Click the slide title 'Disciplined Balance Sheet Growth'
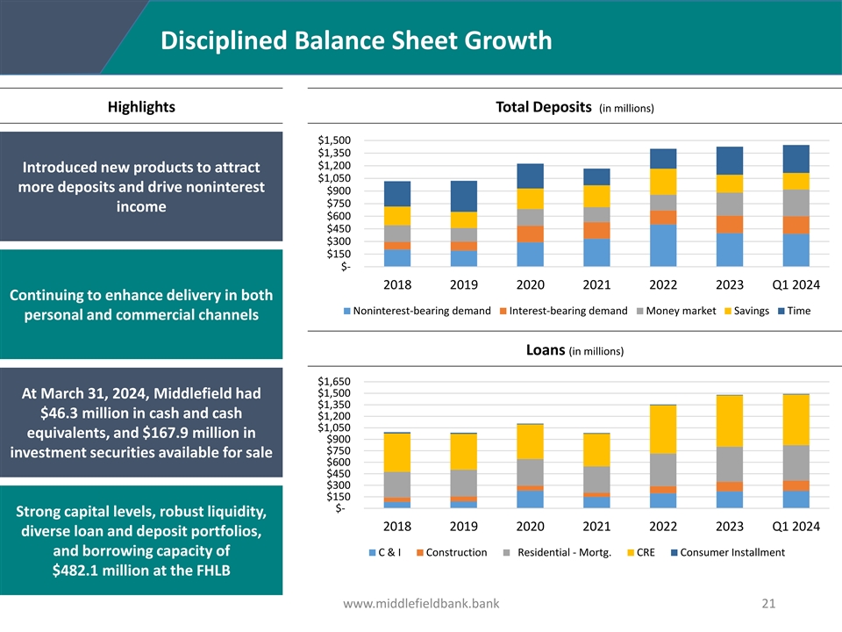coord(356,41)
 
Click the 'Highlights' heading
coord(141,107)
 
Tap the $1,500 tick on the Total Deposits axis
coord(336,140)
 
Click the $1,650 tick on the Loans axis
coord(336,382)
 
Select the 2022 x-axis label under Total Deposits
coord(663,284)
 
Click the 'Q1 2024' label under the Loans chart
coord(796,526)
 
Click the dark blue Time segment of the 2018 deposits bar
coord(397,194)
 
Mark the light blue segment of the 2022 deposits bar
coord(663,245)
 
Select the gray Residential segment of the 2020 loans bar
coord(530,472)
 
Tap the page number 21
coord(769,603)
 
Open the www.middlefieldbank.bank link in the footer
coord(421,603)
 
